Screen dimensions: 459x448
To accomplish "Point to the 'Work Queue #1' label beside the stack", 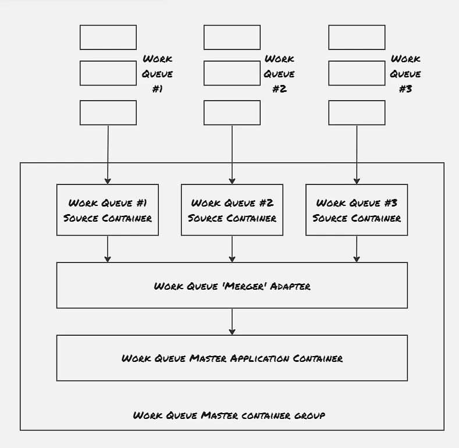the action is click(x=157, y=73).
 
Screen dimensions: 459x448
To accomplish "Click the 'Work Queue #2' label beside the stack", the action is click(x=279, y=73).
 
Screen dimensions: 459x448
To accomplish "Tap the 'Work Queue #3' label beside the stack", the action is click(x=405, y=73).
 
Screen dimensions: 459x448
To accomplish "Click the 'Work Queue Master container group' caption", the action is click(x=229, y=415).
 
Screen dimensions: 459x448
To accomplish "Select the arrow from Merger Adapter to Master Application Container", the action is click(x=232, y=322).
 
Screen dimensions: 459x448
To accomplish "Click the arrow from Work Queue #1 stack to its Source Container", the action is click(x=108, y=155).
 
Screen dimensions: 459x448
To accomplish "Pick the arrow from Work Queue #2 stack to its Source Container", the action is click(x=232, y=155).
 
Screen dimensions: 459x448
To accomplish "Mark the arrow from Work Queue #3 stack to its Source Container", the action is click(x=357, y=155).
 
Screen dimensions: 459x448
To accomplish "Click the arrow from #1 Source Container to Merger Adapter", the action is click(x=108, y=249).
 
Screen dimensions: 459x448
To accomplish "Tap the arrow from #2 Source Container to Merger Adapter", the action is click(x=232, y=249).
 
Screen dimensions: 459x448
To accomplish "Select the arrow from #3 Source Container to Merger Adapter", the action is click(x=357, y=249).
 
